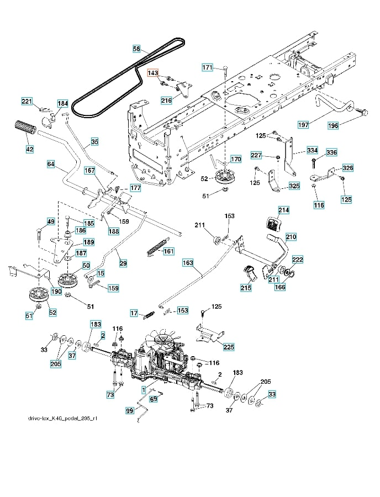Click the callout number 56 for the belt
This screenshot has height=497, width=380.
(x=136, y=49)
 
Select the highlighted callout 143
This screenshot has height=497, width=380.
(x=153, y=73)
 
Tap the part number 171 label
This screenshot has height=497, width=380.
(x=207, y=67)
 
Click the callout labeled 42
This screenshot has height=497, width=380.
(x=29, y=149)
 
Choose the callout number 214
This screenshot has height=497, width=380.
(x=283, y=210)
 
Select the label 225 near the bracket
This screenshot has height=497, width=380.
(x=229, y=346)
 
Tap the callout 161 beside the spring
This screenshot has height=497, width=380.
(x=168, y=251)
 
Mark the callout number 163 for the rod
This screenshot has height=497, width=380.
(x=189, y=264)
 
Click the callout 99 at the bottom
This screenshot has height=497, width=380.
(x=130, y=411)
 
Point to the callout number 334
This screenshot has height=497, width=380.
(x=312, y=150)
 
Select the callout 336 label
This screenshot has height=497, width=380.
(x=331, y=152)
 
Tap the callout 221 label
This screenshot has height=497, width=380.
(x=27, y=101)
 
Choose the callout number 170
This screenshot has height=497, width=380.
(x=236, y=160)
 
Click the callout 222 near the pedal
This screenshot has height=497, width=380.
(x=297, y=260)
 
